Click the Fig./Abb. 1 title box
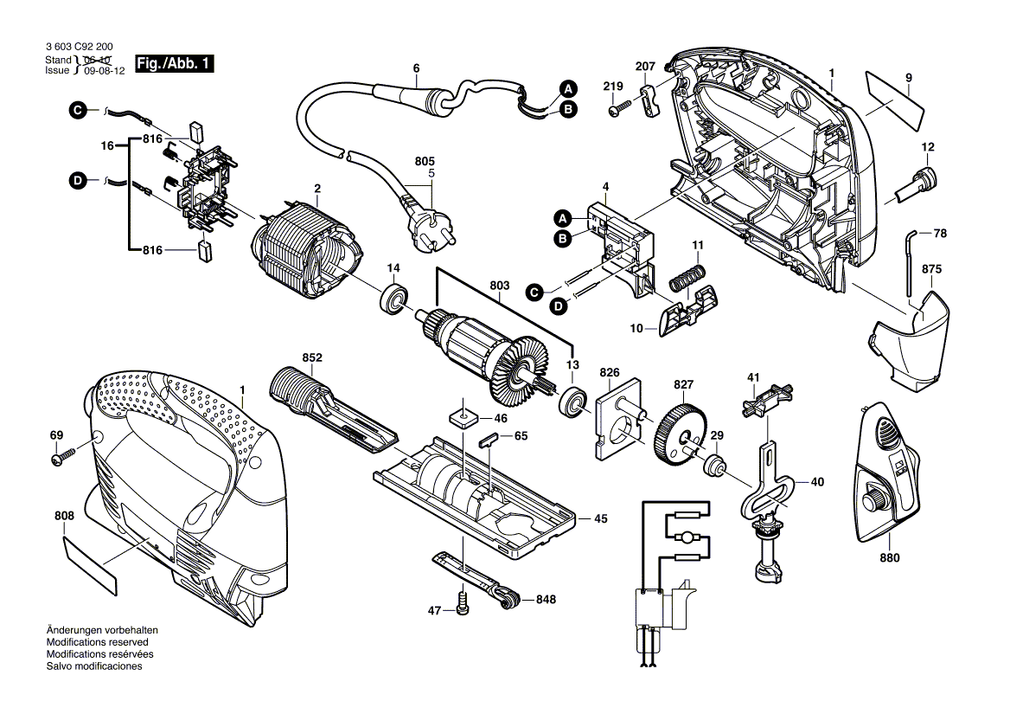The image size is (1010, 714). (173, 65)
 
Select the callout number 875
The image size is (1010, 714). (931, 269)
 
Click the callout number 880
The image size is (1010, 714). (891, 558)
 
